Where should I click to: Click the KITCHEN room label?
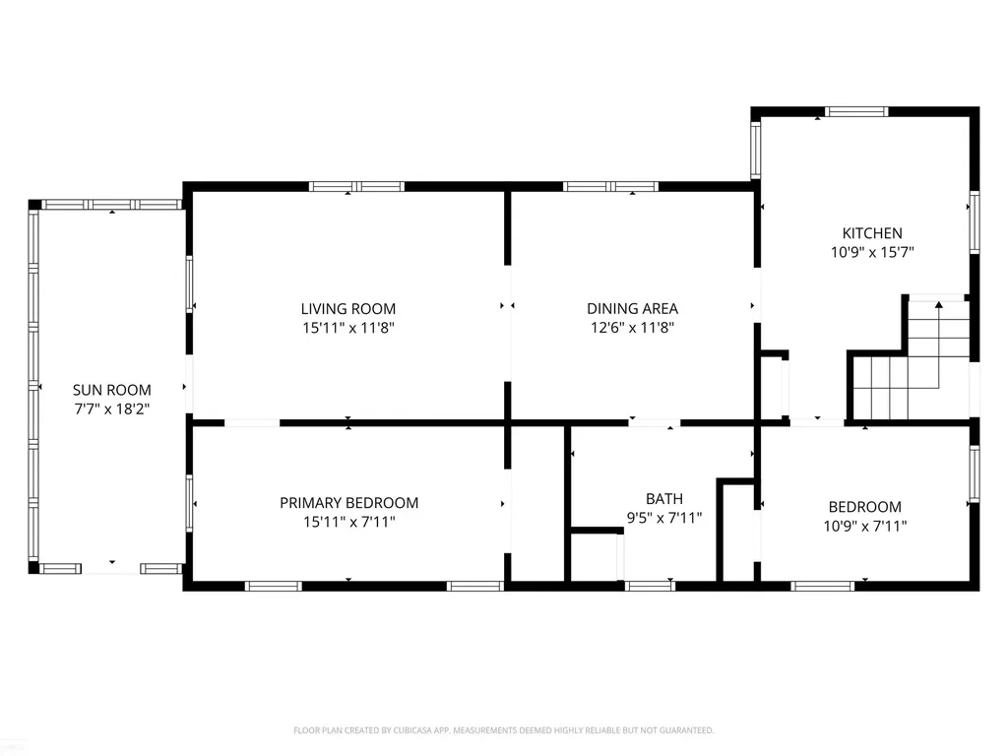pyautogui.click(x=872, y=233)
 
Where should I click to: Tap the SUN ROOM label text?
pyautogui.click(x=112, y=390)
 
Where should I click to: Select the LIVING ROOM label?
pyautogui.click(x=348, y=308)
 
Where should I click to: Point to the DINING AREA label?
pyautogui.click(x=633, y=308)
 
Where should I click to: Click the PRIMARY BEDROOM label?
pyautogui.click(x=349, y=503)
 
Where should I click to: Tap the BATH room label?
pyautogui.click(x=664, y=499)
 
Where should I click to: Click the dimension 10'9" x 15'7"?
pyautogui.click(x=872, y=252)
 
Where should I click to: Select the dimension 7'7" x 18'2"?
pyautogui.click(x=112, y=409)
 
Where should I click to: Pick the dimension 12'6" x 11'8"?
pyautogui.click(x=633, y=328)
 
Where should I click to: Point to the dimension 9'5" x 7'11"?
pyautogui.click(x=664, y=518)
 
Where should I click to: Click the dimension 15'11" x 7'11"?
pyautogui.click(x=349, y=522)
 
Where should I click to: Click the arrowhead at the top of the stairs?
pyautogui.click(x=938, y=304)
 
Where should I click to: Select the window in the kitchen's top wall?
pyautogui.click(x=857, y=112)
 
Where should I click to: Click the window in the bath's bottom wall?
pyautogui.click(x=650, y=586)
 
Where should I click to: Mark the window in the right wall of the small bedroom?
pyautogui.click(x=975, y=473)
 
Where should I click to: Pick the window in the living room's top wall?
pyautogui.click(x=356, y=186)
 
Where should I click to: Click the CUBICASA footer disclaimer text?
pyautogui.click(x=503, y=730)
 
